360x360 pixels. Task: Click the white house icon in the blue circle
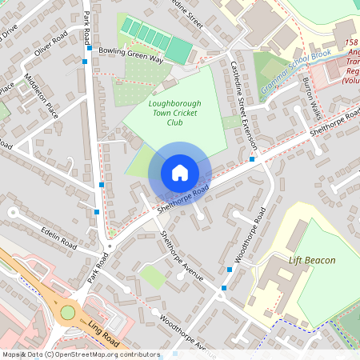coord(180,172)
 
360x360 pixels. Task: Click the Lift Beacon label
coord(312,261)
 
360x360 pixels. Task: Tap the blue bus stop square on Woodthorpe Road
coord(225,287)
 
